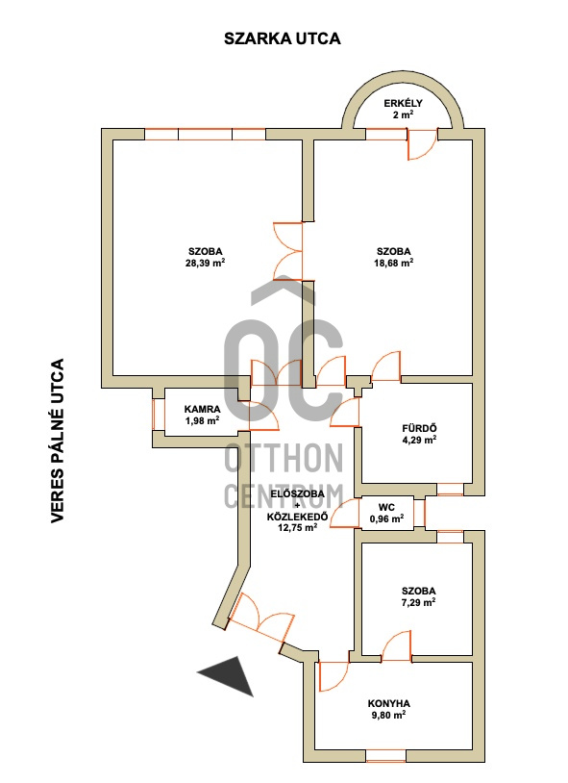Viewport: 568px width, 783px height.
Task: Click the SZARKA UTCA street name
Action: [x=282, y=38]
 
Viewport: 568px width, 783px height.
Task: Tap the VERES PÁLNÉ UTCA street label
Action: [x=58, y=441]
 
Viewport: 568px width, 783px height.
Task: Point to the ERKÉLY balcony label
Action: [x=404, y=103]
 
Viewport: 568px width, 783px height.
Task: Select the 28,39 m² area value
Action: [x=205, y=263]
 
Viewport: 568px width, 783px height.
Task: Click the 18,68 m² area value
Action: [x=394, y=263]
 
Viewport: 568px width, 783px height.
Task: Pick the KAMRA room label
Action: [x=202, y=410]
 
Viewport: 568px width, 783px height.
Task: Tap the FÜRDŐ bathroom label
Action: [x=419, y=428]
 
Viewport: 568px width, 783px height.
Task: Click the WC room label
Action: [x=386, y=507]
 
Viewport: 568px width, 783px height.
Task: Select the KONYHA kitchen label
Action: [x=389, y=703]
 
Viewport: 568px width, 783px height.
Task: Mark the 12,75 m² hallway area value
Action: [x=298, y=527]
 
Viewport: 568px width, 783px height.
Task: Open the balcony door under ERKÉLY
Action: [x=422, y=144]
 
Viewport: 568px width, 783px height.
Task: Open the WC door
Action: [x=345, y=514]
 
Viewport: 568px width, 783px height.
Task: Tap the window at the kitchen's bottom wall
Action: [x=385, y=756]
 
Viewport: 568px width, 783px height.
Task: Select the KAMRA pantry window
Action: [x=159, y=414]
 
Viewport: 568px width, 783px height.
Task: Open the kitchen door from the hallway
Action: [x=333, y=676]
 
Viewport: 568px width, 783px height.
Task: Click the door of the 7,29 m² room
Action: [x=397, y=646]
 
